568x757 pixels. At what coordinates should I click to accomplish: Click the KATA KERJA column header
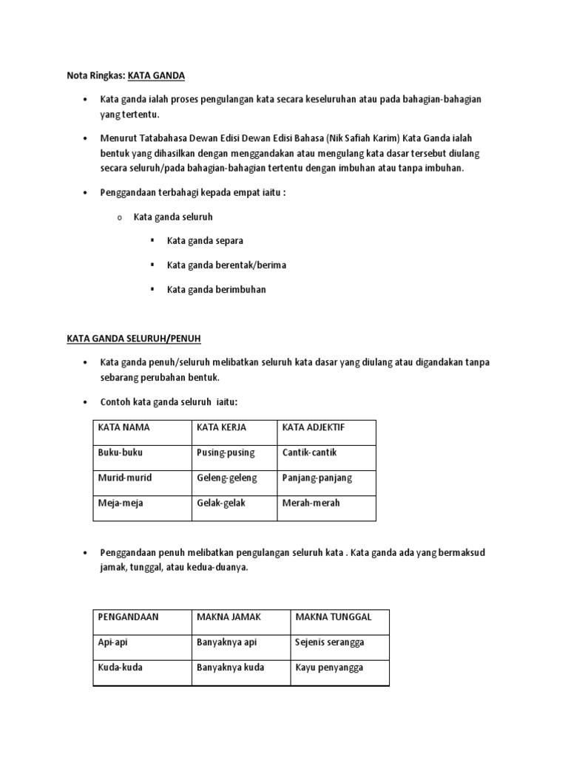[x=221, y=427]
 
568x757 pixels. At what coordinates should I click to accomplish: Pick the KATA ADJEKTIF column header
[x=313, y=427]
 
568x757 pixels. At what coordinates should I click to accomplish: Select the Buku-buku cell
[x=117, y=452]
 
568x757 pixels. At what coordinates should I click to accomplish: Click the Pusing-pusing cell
[x=226, y=452]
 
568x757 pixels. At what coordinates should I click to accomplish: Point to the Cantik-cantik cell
[x=309, y=452]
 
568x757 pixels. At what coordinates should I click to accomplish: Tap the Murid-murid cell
[x=124, y=478]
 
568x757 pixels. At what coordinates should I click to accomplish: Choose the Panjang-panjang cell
[x=317, y=478]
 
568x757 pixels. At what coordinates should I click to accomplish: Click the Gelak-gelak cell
[x=221, y=503]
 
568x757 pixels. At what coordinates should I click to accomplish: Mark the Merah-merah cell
[x=311, y=503]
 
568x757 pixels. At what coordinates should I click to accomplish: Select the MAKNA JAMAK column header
[x=229, y=617]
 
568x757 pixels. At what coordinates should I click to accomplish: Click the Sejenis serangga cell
[x=330, y=642]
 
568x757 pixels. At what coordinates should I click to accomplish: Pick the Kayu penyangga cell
[x=329, y=668]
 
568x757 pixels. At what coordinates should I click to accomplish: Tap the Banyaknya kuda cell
[x=230, y=668]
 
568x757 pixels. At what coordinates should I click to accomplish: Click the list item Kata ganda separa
[x=205, y=241]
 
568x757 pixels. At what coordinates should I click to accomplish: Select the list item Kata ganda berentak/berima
[x=226, y=265]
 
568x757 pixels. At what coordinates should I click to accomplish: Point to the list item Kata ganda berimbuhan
[x=216, y=289]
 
